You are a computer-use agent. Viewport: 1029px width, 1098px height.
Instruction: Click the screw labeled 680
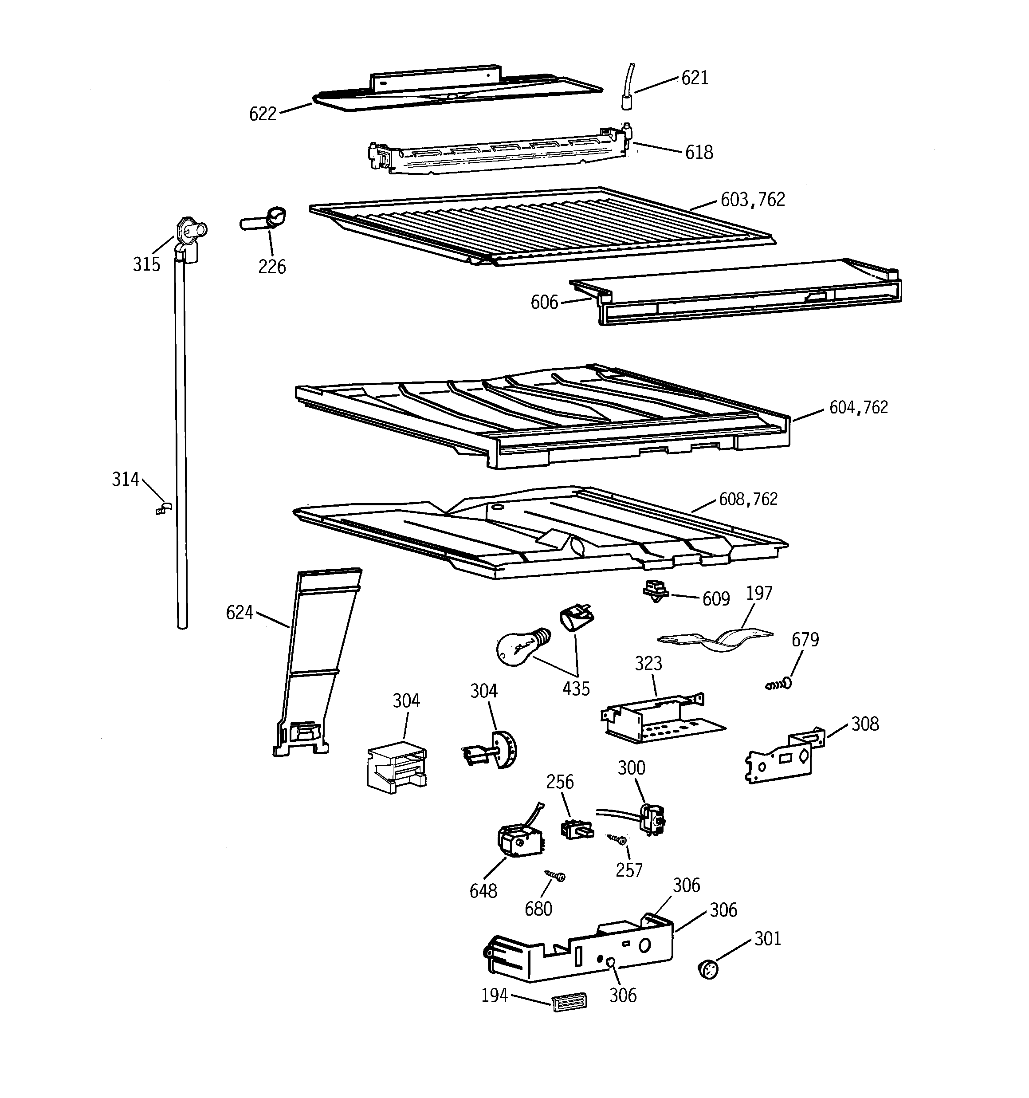coord(555,875)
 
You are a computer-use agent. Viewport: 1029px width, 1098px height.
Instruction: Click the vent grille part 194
coord(569,1001)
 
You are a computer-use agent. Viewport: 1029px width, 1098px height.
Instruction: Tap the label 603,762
coord(752,199)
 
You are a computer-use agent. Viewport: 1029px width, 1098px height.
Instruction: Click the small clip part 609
coord(656,591)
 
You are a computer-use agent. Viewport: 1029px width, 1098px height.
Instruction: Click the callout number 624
coord(239,612)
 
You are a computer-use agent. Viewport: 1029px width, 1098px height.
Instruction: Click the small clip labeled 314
coord(164,508)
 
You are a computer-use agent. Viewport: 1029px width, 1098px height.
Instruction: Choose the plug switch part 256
coord(576,829)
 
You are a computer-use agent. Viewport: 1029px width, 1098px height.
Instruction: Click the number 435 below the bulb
coord(576,689)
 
